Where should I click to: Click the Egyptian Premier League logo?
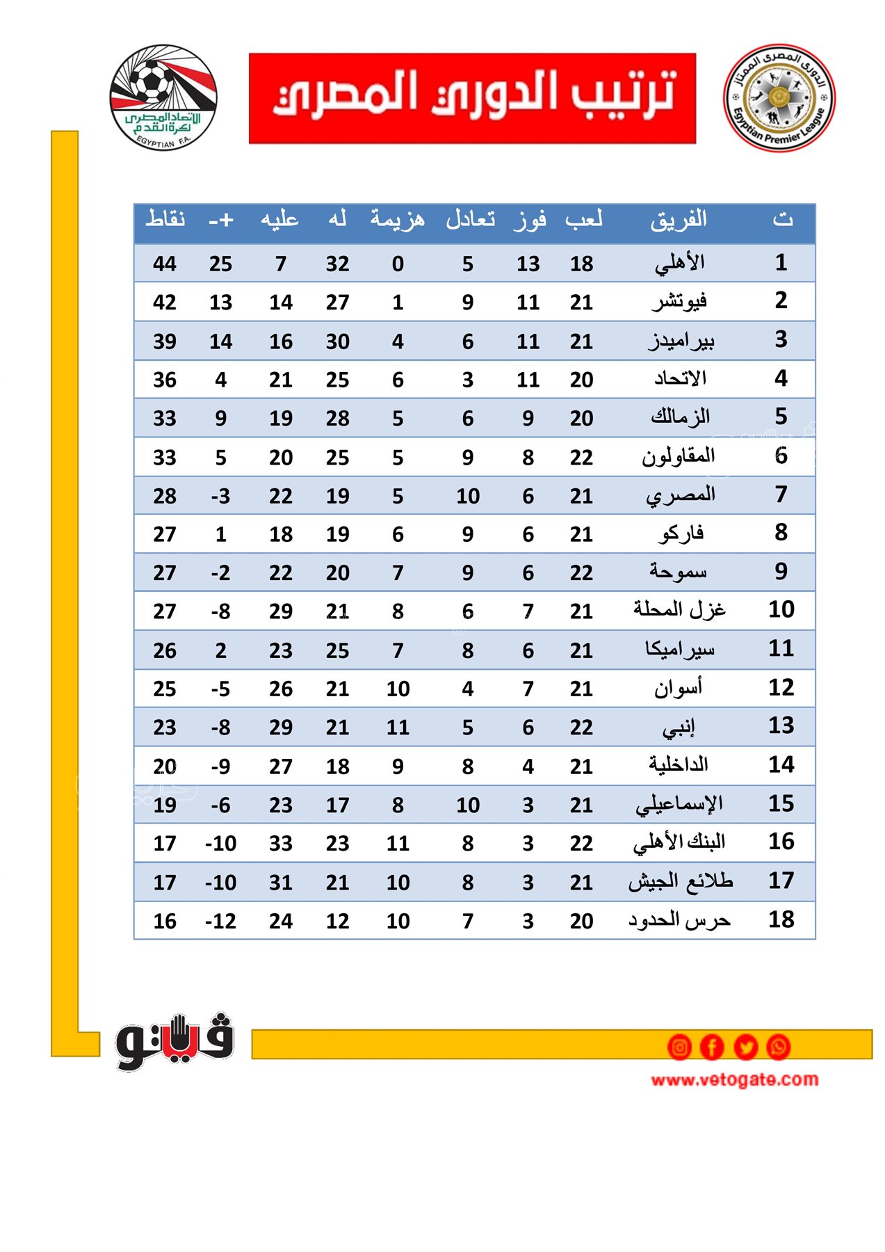(779, 98)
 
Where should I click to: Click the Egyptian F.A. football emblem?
(163, 97)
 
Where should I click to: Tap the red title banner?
(472, 98)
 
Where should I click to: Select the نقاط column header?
(165, 219)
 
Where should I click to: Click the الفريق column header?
(679, 220)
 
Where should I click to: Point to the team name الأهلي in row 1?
(679, 263)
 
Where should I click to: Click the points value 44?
(165, 264)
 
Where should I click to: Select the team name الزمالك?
(679, 417)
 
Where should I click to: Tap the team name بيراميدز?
(681, 341)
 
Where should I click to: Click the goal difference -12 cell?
(220, 921)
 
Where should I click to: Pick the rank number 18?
(781, 920)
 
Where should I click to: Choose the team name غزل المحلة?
(679, 610)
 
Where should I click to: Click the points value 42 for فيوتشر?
(165, 303)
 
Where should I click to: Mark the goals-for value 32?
(337, 264)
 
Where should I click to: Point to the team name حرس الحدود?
(679, 920)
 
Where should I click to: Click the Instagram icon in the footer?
(679, 1047)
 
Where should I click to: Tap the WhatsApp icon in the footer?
(778, 1047)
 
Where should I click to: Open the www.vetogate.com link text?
(734, 1080)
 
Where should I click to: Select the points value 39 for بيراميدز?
(165, 342)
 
